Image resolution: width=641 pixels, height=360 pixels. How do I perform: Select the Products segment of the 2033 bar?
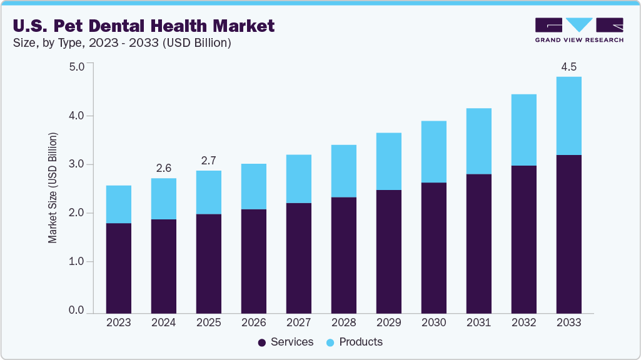pyautogui.click(x=568, y=116)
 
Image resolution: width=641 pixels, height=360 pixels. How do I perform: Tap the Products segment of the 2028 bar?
pyautogui.click(x=343, y=171)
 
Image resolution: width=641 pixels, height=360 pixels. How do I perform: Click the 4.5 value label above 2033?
pyautogui.click(x=568, y=67)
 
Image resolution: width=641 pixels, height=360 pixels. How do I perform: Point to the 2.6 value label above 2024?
pyautogui.click(x=163, y=168)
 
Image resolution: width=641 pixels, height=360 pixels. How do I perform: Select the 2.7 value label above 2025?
pyautogui.click(x=208, y=161)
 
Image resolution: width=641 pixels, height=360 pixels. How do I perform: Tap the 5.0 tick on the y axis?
pyautogui.click(x=76, y=67)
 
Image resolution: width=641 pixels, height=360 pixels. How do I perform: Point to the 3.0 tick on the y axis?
pyautogui.click(x=76, y=164)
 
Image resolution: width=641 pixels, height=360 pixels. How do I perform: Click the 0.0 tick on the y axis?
pyautogui.click(x=76, y=311)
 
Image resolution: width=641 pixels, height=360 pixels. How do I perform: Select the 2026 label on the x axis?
pyautogui.click(x=253, y=322)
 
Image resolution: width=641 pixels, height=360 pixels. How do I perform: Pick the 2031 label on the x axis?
pyautogui.click(x=478, y=322)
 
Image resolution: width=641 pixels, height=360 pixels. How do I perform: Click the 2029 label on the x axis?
pyautogui.click(x=388, y=322)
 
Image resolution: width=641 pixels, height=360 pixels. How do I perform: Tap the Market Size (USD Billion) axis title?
pyautogui.click(x=53, y=187)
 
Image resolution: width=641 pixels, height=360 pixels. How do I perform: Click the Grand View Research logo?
pyautogui.click(x=579, y=30)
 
